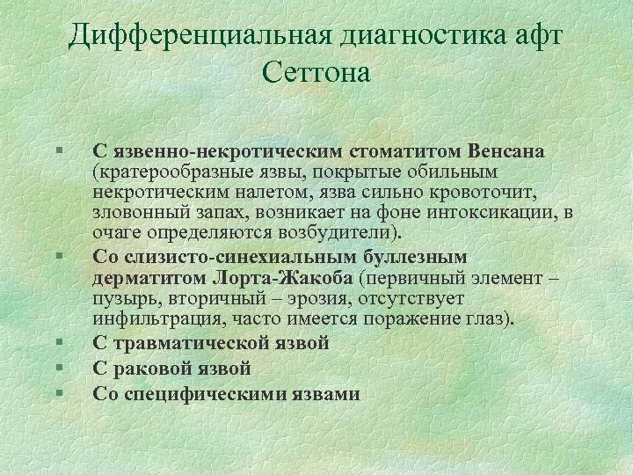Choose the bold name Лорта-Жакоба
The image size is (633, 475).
click(x=282, y=277)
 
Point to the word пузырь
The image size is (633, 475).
click(x=123, y=298)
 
